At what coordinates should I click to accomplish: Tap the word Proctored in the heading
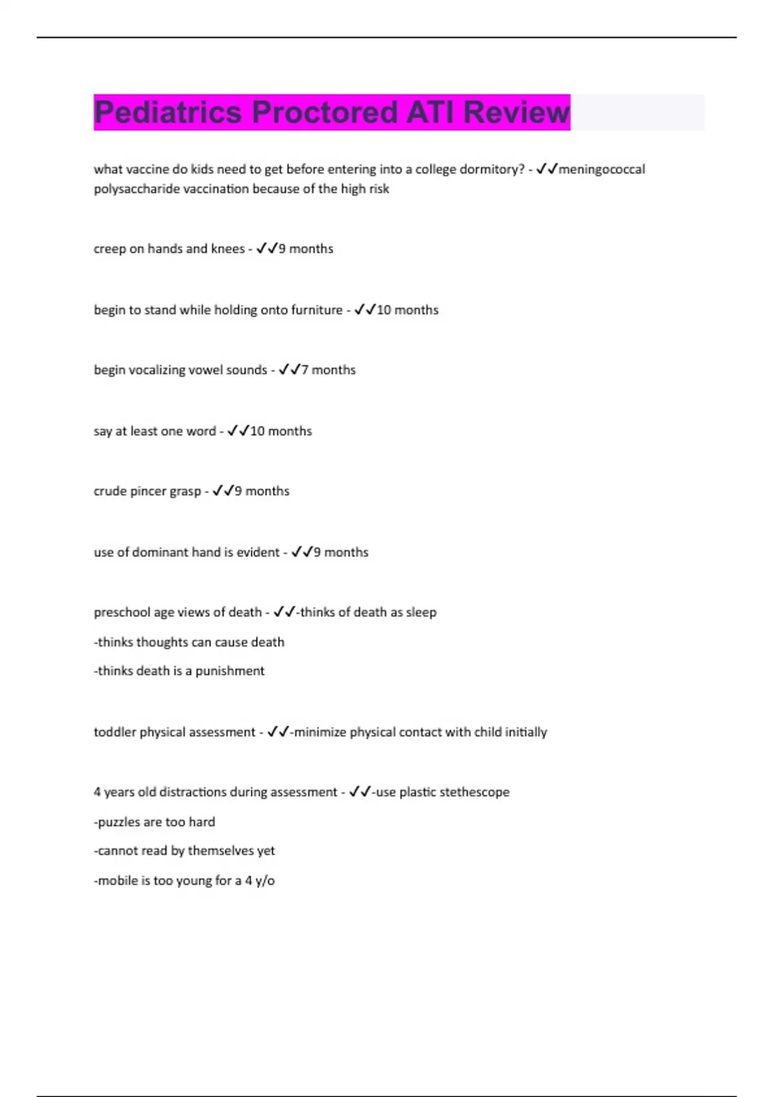click(x=324, y=112)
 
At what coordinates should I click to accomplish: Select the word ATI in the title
click(x=430, y=112)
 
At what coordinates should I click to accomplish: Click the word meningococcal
click(x=601, y=169)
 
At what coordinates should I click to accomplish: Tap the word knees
click(x=228, y=248)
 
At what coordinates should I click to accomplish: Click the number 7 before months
click(x=305, y=370)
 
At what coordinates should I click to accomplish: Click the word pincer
click(x=148, y=491)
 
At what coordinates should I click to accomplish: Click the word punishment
click(x=230, y=671)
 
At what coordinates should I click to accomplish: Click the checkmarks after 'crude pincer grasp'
click(x=223, y=491)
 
